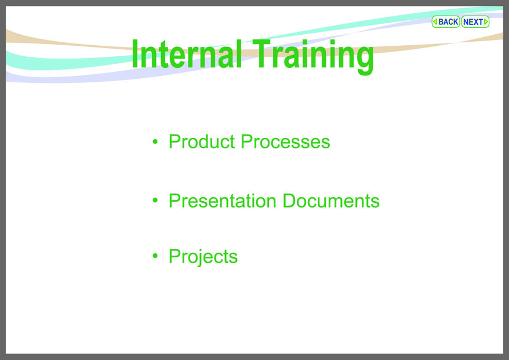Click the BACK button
(445, 22)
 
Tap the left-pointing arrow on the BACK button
(435, 22)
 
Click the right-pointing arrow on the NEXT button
(486, 22)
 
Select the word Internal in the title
(187, 53)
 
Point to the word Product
(202, 141)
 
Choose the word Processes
(285, 141)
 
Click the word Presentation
(223, 201)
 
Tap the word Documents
(331, 201)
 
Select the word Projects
(203, 257)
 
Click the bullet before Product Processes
(155, 141)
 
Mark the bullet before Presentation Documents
(155, 201)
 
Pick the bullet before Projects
(155, 256)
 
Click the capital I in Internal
(135, 53)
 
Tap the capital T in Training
(261, 53)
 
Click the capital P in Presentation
(175, 201)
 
